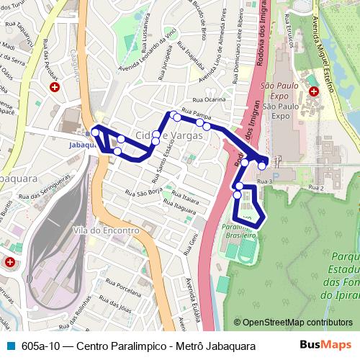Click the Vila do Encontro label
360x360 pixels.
click(x=105, y=230)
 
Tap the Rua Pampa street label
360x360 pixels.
click(x=196, y=113)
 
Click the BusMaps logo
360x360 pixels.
click(x=325, y=346)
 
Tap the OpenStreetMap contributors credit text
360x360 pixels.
click(x=292, y=323)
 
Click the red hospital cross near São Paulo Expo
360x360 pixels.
click(x=314, y=91)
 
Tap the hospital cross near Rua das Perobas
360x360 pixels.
click(x=55, y=87)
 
